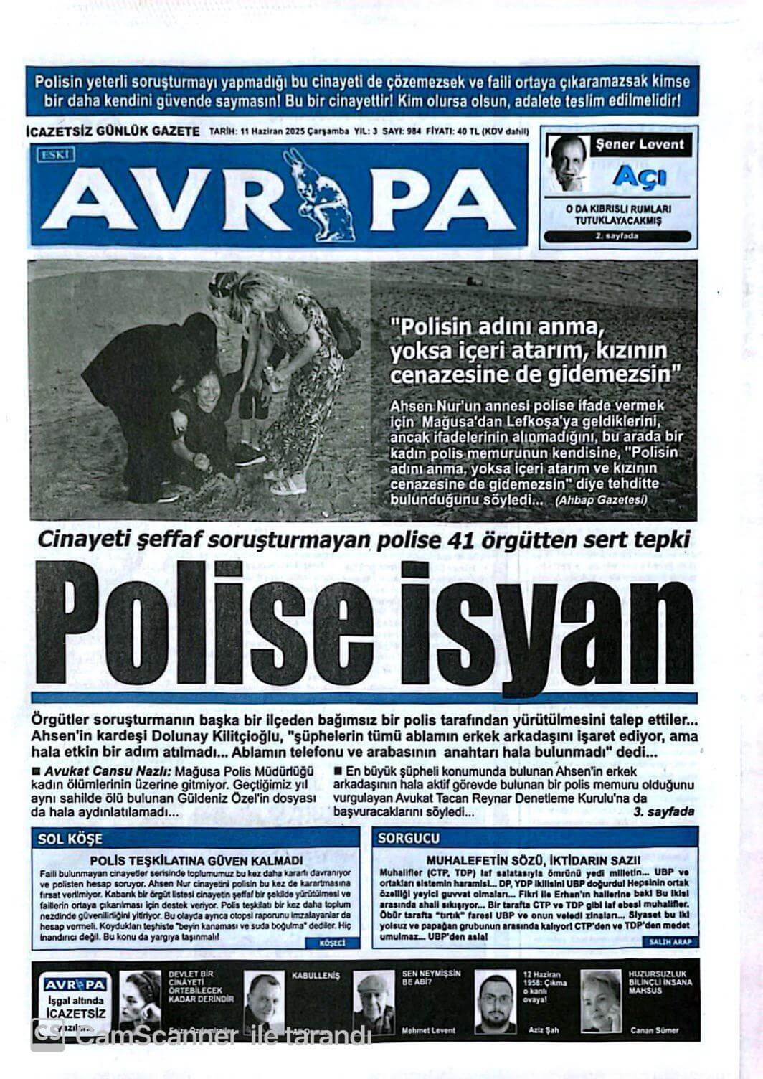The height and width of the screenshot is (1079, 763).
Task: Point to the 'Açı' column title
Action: (640, 176)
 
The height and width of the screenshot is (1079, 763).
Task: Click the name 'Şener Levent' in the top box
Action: (640, 144)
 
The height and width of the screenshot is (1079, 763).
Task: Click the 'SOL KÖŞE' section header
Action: (70, 838)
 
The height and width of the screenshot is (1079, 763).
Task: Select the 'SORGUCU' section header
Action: (409, 838)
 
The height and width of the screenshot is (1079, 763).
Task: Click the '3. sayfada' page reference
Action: (664, 811)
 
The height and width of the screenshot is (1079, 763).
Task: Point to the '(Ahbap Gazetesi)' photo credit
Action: (600, 500)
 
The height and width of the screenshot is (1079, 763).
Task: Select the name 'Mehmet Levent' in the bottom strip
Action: (428, 1030)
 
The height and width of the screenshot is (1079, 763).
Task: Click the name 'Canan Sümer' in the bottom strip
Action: (654, 1030)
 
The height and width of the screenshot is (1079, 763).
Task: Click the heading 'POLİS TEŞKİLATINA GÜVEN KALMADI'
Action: (196, 859)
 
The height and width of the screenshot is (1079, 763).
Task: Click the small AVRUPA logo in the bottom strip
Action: (75, 984)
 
